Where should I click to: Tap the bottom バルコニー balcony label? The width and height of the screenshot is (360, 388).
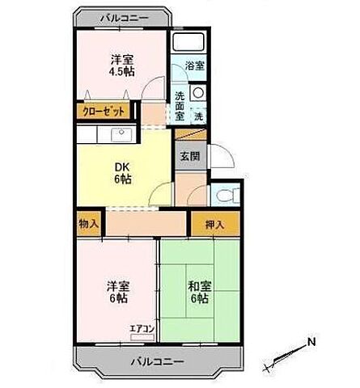coord(158,361)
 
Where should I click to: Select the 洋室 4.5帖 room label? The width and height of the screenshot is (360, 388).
coord(121,65)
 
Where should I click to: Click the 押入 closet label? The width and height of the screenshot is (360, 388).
coord(214,222)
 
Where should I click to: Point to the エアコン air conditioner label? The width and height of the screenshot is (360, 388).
coord(142,329)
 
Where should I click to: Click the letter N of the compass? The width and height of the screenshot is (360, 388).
coord(311,343)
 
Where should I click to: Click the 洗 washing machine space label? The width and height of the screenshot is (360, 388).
coord(200,116)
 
